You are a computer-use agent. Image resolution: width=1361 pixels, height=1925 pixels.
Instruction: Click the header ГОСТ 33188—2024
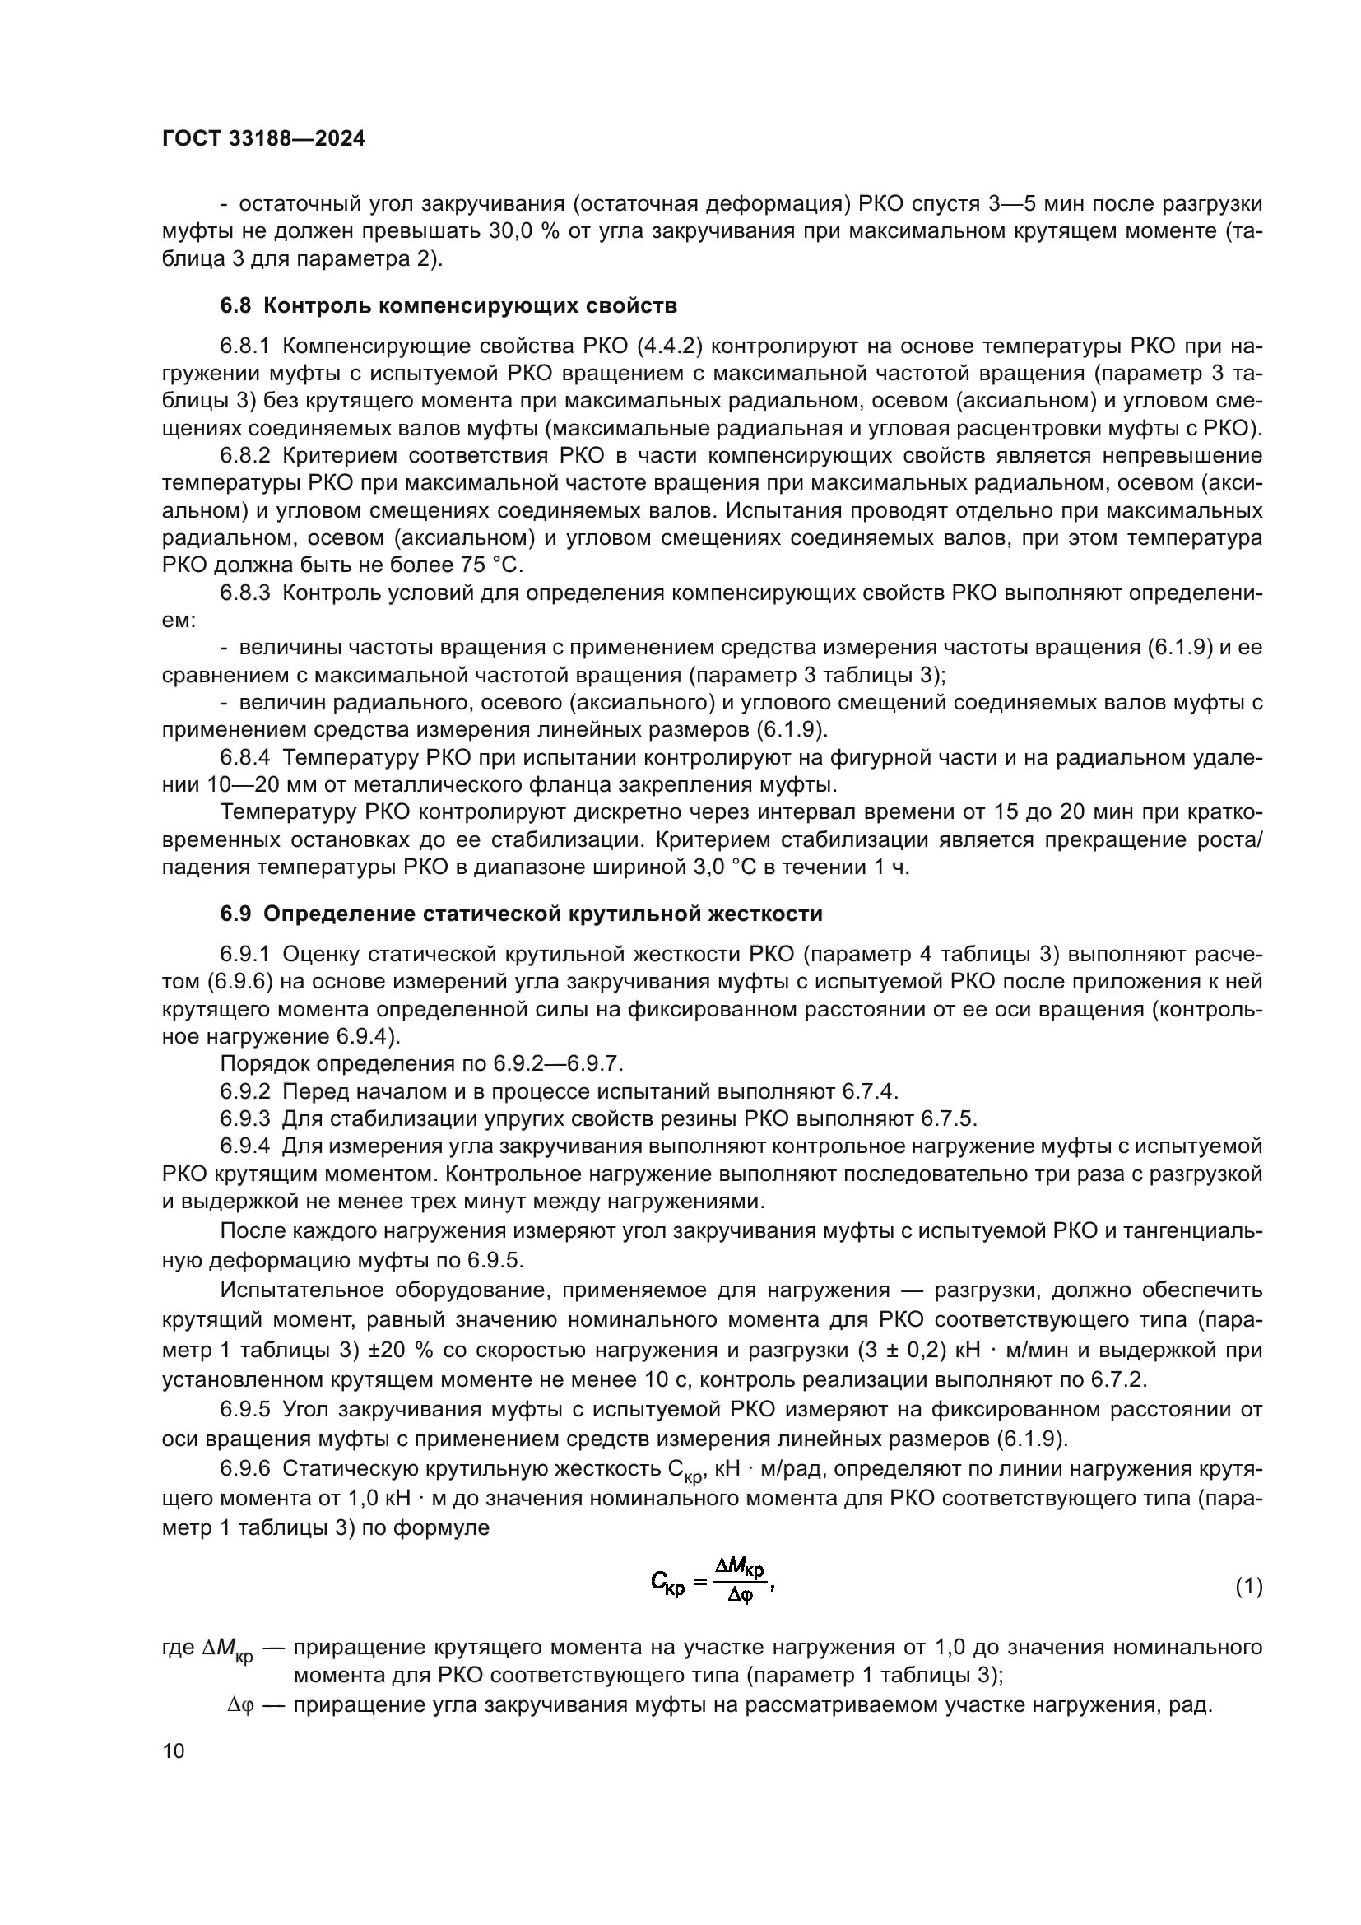click(263, 139)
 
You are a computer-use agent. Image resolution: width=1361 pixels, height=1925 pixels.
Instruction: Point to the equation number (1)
click(1249, 1587)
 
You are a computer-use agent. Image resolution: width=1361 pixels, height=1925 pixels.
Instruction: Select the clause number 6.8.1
click(244, 346)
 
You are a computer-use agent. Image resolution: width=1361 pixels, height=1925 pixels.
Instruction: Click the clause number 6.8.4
click(244, 758)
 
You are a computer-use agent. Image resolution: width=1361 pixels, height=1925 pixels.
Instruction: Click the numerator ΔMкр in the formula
click(738, 1565)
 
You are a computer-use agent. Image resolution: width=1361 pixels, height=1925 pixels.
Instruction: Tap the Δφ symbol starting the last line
click(239, 1704)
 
